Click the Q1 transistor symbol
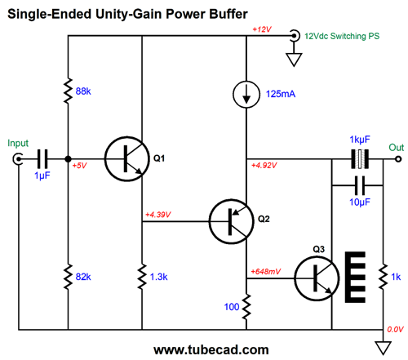click(127, 159)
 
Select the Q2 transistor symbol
click(232, 221)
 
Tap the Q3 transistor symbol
click(317, 278)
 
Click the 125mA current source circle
click(246, 95)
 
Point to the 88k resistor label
click(83, 91)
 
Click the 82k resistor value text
click(83, 277)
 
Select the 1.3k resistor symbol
click(142, 277)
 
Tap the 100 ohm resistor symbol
click(246, 307)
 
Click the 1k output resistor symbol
click(383, 276)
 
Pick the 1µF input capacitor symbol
click(42, 159)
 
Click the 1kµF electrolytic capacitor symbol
click(360, 159)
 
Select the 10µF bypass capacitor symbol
click(360, 185)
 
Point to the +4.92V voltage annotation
click(264, 165)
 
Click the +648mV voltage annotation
click(265, 271)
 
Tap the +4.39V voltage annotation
click(157, 215)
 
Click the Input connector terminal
click(18, 159)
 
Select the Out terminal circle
click(398, 159)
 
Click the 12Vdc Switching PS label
click(342, 36)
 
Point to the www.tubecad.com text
click(211, 349)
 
